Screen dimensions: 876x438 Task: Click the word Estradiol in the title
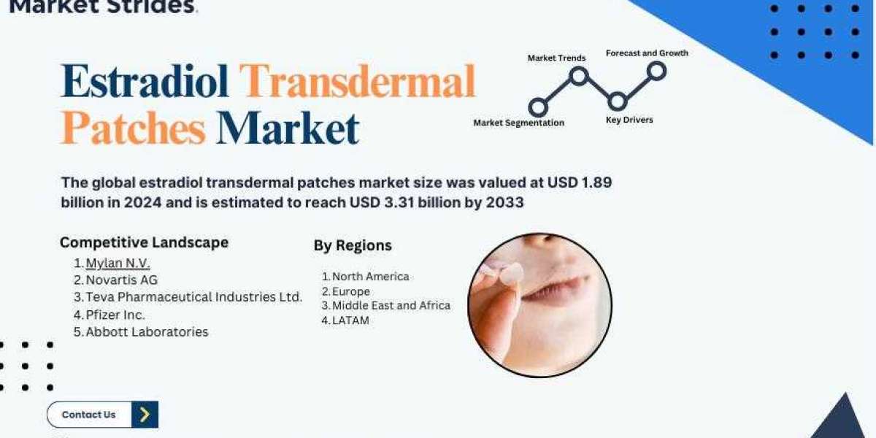(x=145, y=81)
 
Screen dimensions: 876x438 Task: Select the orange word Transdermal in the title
(x=358, y=81)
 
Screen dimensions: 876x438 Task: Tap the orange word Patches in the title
(x=133, y=128)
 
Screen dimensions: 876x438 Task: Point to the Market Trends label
(x=556, y=58)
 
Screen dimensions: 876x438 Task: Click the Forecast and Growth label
(x=647, y=53)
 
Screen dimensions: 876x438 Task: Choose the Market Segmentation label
(x=519, y=123)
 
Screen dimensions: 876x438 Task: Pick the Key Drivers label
(x=629, y=120)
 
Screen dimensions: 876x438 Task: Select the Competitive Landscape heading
(x=144, y=242)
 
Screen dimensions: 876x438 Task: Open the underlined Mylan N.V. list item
(x=118, y=264)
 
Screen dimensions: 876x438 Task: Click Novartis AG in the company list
(x=122, y=280)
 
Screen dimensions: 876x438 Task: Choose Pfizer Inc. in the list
(x=115, y=315)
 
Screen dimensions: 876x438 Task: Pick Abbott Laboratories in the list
(x=147, y=331)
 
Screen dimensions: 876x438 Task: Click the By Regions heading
(x=353, y=245)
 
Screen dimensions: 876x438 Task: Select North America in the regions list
(x=370, y=277)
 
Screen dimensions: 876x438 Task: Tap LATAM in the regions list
(x=350, y=320)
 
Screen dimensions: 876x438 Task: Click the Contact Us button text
(x=88, y=415)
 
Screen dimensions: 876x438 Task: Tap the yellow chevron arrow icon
(x=145, y=415)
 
